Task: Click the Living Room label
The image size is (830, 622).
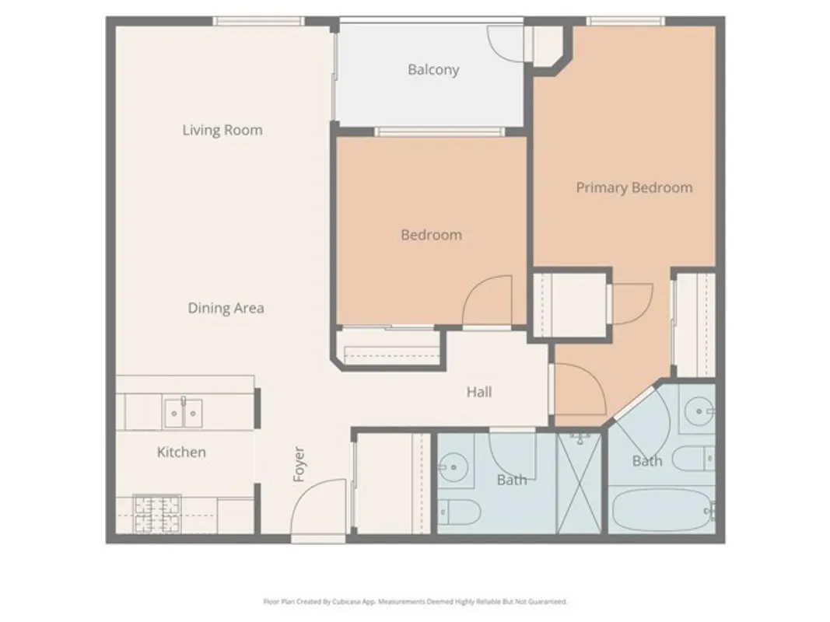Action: pyautogui.click(x=222, y=130)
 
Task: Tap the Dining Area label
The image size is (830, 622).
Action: pyautogui.click(x=226, y=308)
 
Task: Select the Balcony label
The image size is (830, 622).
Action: pyautogui.click(x=433, y=70)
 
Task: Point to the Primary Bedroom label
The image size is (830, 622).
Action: pyautogui.click(x=634, y=187)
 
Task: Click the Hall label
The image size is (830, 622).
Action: pyautogui.click(x=479, y=393)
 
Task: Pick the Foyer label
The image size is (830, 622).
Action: pyautogui.click(x=299, y=463)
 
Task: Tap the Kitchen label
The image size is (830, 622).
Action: pyautogui.click(x=181, y=452)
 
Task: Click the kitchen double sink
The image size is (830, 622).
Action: pyautogui.click(x=184, y=413)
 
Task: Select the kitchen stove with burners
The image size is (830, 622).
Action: pyautogui.click(x=157, y=513)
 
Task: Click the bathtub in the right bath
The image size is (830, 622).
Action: pyautogui.click(x=660, y=509)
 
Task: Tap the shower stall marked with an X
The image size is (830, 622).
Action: pyautogui.click(x=580, y=482)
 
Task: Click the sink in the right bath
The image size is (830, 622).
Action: pyautogui.click(x=699, y=411)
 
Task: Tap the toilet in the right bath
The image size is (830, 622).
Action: pyautogui.click(x=695, y=459)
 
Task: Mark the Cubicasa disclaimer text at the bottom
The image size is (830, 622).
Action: pyautogui.click(x=415, y=601)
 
